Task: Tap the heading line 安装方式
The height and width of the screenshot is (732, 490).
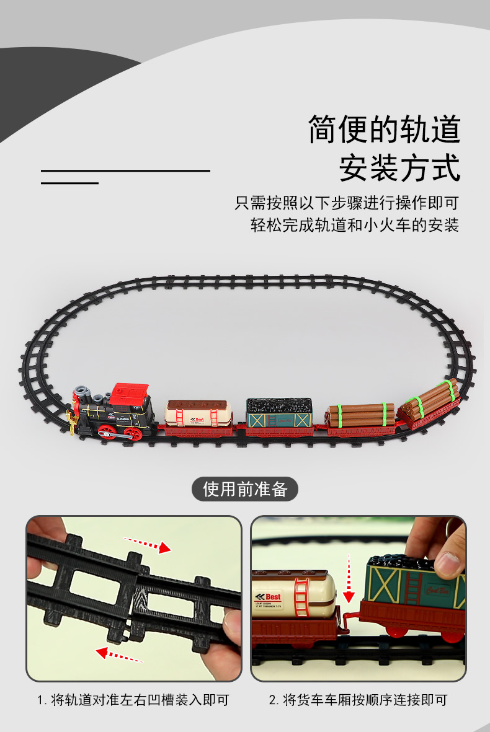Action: (400, 167)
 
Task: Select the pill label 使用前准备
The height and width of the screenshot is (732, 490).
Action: (245, 489)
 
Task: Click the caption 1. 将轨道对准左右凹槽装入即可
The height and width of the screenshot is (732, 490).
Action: (133, 700)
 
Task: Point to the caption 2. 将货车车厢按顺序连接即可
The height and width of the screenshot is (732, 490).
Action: (358, 700)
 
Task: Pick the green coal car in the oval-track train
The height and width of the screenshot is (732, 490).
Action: (279, 414)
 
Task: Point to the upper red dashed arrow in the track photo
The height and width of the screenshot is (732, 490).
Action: (146, 544)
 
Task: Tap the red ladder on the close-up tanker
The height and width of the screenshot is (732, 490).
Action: (302, 595)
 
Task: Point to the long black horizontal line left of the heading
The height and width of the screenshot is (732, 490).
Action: (125, 170)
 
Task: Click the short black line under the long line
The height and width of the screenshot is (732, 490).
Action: (69, 183)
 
